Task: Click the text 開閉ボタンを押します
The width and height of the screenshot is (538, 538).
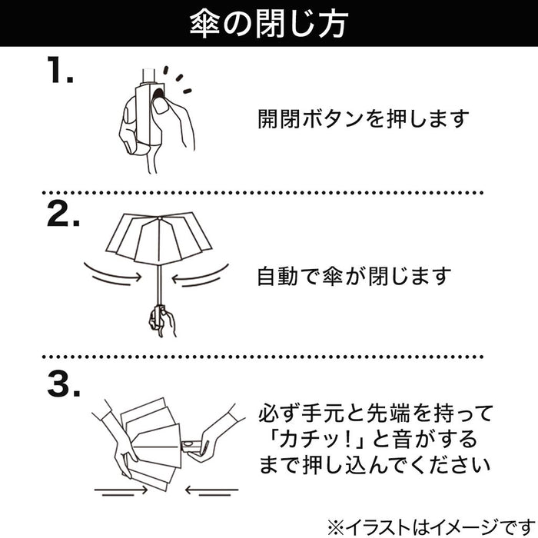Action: pos(362,120)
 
